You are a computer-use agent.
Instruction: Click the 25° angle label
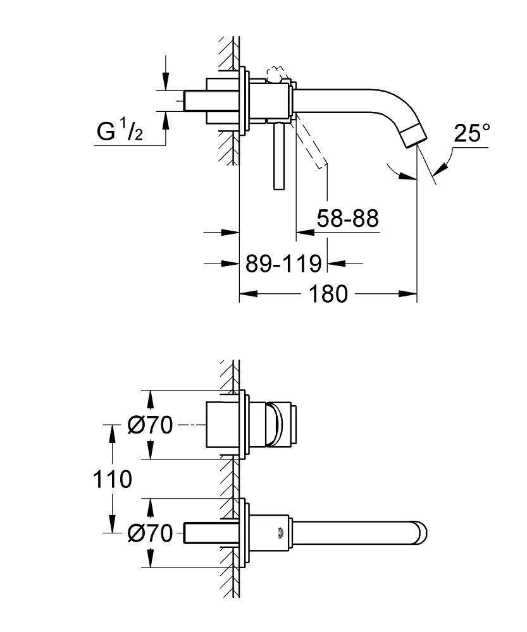point(472,133)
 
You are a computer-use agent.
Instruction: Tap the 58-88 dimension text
point(347,219)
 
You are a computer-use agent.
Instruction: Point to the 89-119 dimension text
point(283,263)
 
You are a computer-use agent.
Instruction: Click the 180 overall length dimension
point(328,294)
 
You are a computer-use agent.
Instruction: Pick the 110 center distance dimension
point(111,479)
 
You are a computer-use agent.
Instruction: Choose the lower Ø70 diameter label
point(149,534)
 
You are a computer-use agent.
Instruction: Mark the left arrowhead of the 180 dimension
point(246,294)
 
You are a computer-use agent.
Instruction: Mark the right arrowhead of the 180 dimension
point(411,294)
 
